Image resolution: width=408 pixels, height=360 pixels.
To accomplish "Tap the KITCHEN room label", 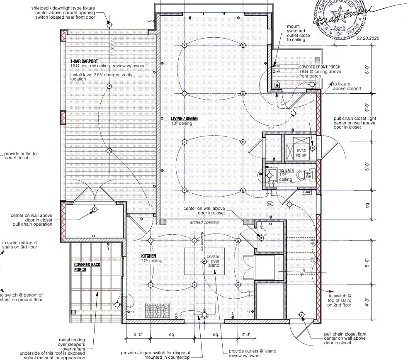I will [x=148, y=256].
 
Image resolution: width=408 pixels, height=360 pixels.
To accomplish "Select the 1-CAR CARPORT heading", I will [x=84, y=61].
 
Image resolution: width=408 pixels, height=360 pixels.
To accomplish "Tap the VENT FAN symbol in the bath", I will [x=308, y=175].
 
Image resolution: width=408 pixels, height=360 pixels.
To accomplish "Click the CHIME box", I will [x=307, y=192].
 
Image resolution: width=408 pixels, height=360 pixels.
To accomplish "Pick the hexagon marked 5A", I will [x=270, y=204].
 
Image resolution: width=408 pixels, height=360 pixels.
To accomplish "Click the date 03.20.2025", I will [x=367, y=38].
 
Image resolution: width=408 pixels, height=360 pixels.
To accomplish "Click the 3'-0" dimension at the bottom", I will [x=138, y=334].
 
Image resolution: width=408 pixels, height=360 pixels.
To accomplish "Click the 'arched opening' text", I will [x=204, y=222].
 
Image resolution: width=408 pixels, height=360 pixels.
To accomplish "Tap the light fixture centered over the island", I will [x=204, y=261].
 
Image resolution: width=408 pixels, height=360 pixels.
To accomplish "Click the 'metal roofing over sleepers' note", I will [x=72, y=344].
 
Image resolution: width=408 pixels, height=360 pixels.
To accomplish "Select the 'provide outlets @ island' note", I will [x=252, y=353].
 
